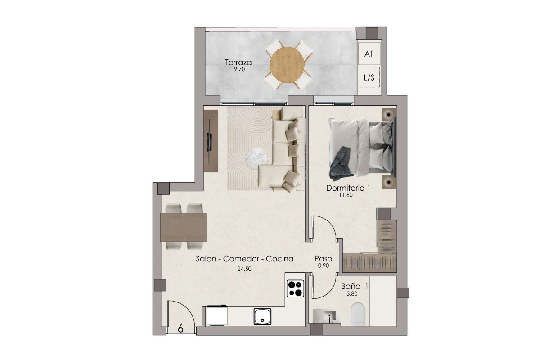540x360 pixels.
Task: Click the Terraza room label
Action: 238,63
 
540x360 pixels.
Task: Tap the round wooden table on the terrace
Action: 287,65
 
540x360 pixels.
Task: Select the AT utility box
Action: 369,54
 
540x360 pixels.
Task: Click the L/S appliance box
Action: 369,77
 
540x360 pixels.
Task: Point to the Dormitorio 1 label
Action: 348,188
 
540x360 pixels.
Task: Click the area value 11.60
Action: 346,195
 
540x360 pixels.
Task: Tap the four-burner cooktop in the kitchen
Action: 296,288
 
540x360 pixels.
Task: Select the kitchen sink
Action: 262,316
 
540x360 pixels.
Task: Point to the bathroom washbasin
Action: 327,316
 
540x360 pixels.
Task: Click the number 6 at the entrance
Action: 180,328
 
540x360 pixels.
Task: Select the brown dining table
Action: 184,227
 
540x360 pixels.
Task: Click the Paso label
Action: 323,259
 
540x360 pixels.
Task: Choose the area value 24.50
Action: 244,269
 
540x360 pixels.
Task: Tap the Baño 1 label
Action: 355,287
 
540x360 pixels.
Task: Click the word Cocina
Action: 279,259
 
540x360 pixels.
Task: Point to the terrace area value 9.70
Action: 239,69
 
